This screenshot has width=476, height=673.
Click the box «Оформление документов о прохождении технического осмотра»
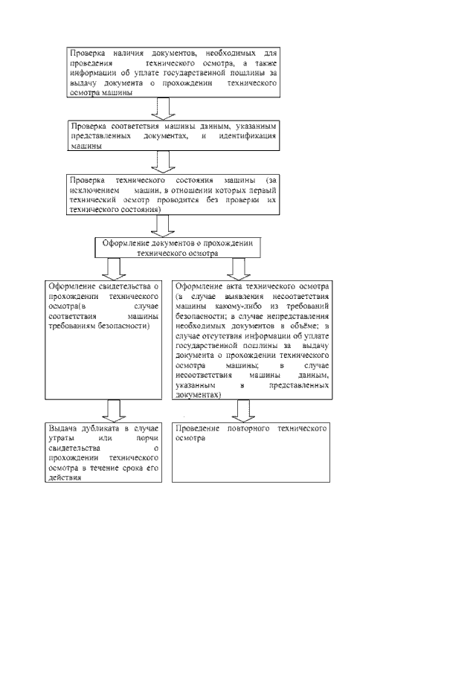[x=178, y=248]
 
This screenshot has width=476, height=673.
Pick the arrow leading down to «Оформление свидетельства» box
[x=113, y=268]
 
